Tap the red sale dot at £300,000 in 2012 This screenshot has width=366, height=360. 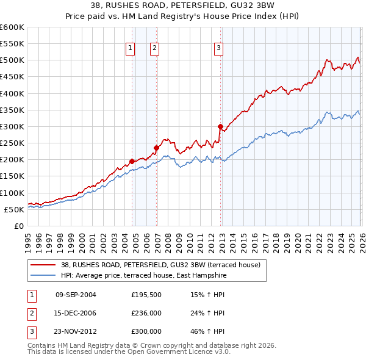click(x=220, y=126)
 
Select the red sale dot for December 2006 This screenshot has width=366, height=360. click(x=156, y=148)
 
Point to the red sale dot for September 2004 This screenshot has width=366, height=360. click(x=132, y=161)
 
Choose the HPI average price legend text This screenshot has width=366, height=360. click(x=143, y=275)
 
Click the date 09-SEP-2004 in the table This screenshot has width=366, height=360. click(x=76, y=295)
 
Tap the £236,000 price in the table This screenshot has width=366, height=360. click(x=146, y=313)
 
